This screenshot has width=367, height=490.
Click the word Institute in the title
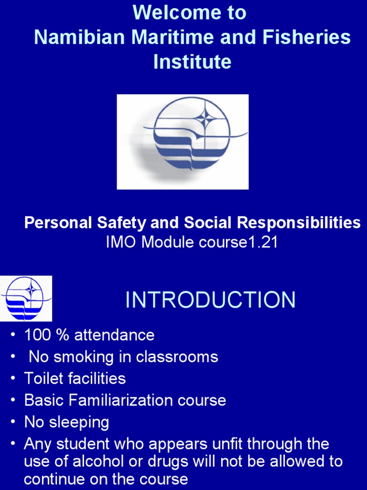click(192, 62)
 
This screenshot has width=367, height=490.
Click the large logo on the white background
click(183, 142)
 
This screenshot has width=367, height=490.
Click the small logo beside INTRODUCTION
click(26, 298)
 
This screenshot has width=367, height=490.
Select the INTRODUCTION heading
click(210, 300)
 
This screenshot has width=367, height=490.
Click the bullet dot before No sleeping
click(13, 423)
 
